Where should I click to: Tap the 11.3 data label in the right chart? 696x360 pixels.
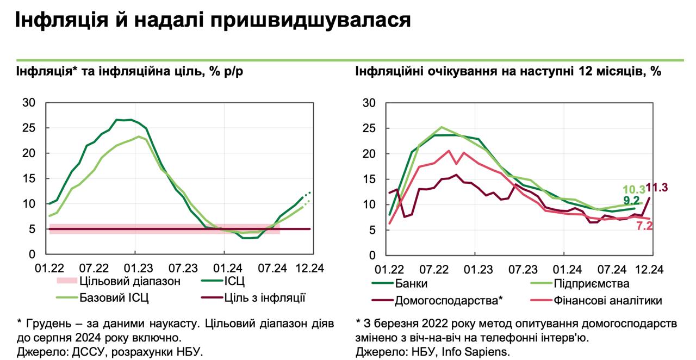tap(656, 188)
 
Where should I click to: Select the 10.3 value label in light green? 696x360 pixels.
tap(633, 189)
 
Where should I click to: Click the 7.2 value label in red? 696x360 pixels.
tap(644, 226)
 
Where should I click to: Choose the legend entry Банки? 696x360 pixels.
tap(411, 283)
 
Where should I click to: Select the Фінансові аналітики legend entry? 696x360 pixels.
tap(608, 300)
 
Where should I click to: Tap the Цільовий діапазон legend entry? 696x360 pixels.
tap(129, 281)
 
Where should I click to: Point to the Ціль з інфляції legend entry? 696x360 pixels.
tap(265, 297)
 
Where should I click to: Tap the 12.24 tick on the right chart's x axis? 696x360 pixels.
tap(649, 269)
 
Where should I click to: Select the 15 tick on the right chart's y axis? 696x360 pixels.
tap(369, 179)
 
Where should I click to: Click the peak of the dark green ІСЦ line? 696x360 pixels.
tap(123, 120)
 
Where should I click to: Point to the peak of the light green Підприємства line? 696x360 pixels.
tap(442, 127)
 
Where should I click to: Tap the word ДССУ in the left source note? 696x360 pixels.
tap(90, 352)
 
